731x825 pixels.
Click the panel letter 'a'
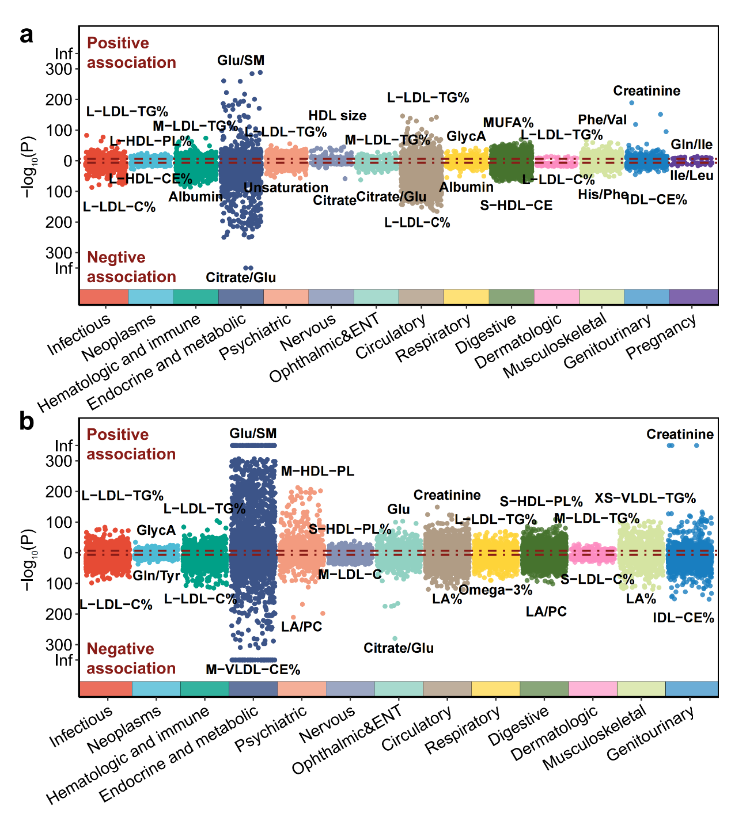click(x=26, y=35)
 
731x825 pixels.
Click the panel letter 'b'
click(x=26, y=421)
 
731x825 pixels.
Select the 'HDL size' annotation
click(x=338, y=116)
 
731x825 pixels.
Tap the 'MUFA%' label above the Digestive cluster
click(x=508, y=123)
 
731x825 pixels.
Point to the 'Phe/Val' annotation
click(x=602, y=120)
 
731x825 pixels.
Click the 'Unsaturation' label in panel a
click(x=286, y=188)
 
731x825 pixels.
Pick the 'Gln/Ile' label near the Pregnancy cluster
click(x=691, y=145)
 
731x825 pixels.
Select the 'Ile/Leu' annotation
click(x=692, y=176)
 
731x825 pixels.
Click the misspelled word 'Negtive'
click(x=116, y=257)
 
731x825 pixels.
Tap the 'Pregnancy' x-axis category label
click(x=661, y=337)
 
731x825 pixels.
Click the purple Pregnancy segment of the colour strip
click(x=694, y=296)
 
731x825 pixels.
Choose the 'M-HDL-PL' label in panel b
click(x=317, y=472)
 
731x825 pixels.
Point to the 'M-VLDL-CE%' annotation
click(x=253, y=670)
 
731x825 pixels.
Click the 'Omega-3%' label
click(x=495, y=590)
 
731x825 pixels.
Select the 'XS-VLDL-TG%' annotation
click(x=645, y=499)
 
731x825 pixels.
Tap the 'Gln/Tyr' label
click(x=156, y=576)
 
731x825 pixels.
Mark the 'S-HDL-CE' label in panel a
click(x=516, y=206)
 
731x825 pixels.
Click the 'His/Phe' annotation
click(x=603, y=195)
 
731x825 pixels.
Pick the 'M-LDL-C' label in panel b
click(x=350, y=574)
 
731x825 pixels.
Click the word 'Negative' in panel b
click(x=120, y=649)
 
